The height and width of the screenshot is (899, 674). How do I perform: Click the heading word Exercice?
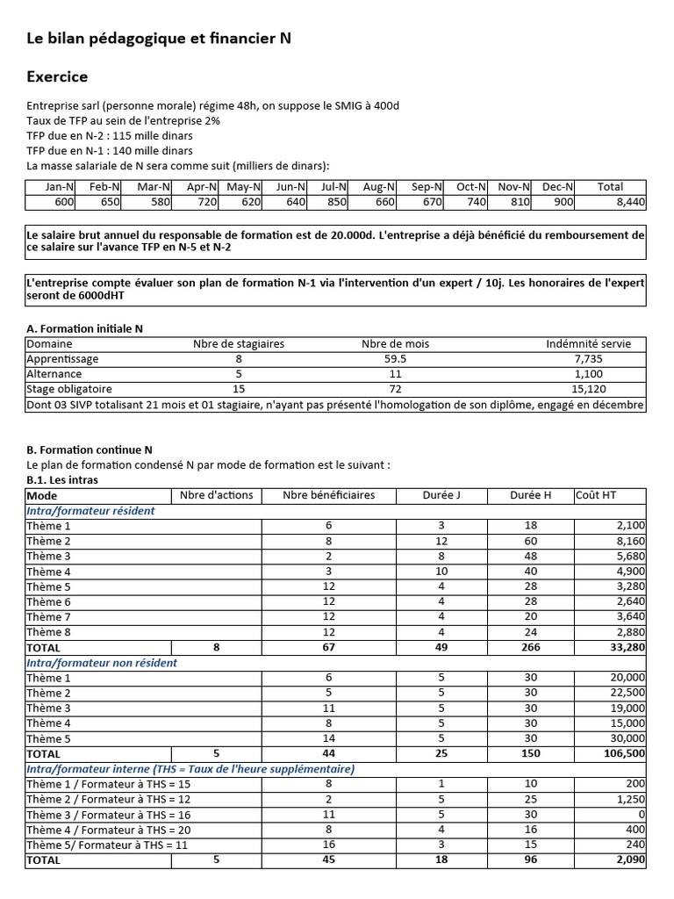click(x=57, y=76)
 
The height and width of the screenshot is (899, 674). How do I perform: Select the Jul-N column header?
click(x=333, y=186)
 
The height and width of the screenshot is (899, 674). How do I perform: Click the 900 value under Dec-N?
click(x=563, y=202)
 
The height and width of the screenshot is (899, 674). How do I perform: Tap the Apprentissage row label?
click(x=62, y=359)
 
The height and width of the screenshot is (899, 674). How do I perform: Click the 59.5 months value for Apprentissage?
click(x=395, y=359)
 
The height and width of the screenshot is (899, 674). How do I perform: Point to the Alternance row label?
click(x=55, y=374)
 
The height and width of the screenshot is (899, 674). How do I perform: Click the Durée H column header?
click(x=530, y=495)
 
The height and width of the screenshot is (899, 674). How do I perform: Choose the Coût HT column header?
click(x=596, y=495)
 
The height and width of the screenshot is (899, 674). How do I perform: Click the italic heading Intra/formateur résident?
click(x=90, y=510)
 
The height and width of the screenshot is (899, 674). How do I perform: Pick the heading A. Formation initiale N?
click(x=84, y=328)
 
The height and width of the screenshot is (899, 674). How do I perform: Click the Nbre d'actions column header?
click(x=216, y=495)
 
